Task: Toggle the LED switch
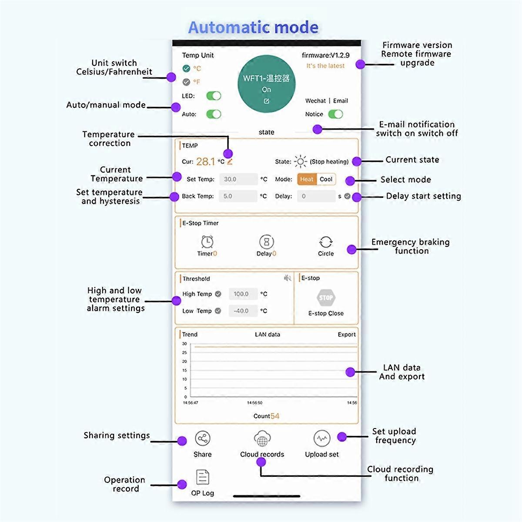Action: (214, 96)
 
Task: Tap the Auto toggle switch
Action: (214, 114)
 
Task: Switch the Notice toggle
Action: (335, 114)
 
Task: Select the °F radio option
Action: (187, 82)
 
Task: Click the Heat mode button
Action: (307, 179)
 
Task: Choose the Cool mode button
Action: (326, 179)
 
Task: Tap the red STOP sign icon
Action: (326, 298)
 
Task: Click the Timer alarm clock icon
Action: (207, 241)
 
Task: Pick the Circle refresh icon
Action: (326, 242)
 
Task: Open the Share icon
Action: (202, 438)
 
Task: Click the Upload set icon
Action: (321, 438)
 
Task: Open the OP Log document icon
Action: (202, 477)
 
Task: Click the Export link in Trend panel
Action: (347, 335)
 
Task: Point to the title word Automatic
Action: (224, 27)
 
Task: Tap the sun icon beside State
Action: (300, 161)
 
